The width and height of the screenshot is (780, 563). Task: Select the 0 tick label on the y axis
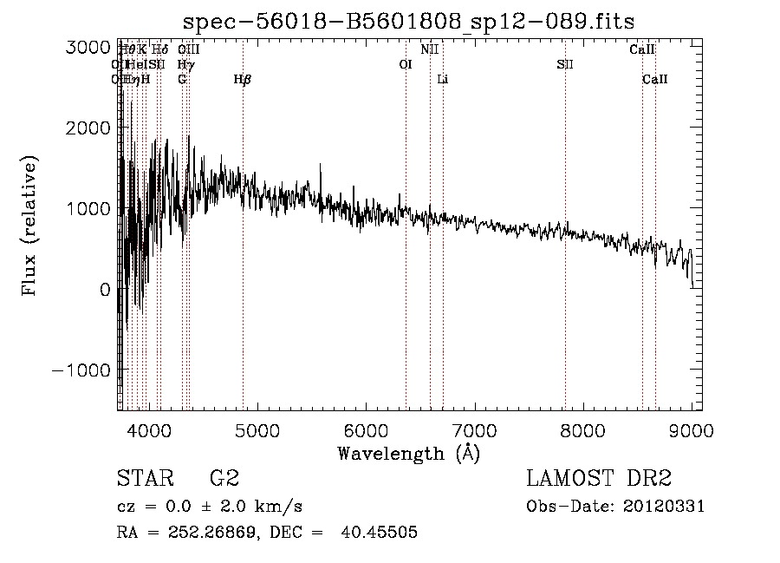104,289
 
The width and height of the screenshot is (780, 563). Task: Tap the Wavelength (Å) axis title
408,453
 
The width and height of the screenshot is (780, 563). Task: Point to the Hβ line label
243,80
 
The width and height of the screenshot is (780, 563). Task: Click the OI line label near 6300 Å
405,64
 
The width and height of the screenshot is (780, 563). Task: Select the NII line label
430,49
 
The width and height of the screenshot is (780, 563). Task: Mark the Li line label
443,80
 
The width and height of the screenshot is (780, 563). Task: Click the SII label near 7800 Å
564,64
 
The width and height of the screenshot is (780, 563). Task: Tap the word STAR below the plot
144,479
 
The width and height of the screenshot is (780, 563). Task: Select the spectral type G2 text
224,479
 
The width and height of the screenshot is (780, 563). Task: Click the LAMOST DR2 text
599,479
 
